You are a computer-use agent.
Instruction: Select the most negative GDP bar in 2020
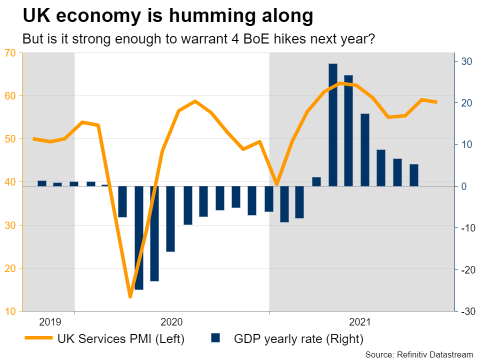pos(139,237)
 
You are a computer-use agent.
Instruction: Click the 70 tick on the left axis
pos(10,52)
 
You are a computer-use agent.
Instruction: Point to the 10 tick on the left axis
pos(10,311)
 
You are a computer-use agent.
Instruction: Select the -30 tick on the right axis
pos(466,311)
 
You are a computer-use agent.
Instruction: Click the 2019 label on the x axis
pos(49,321)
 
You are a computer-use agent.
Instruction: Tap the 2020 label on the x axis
pos(172,321)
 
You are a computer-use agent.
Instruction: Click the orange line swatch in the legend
pos(38,338)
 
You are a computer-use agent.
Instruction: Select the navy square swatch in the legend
pos(216,338)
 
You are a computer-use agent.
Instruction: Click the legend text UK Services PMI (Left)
pos(121,339)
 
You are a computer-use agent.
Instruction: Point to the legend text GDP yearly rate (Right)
pos(298,339)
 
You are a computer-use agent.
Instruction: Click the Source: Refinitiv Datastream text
pos(419,354)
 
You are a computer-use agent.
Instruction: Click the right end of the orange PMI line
pos(436,102)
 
